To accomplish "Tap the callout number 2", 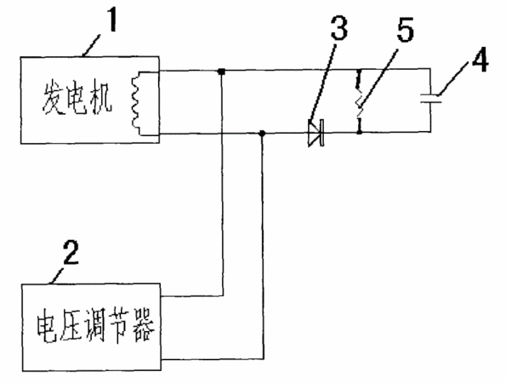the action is click(71, 253).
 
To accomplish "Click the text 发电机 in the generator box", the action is click(77, 99).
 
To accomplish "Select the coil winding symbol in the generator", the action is click(135, 102).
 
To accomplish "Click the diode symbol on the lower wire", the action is click(316, 133).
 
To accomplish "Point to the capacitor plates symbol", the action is click(431, 99).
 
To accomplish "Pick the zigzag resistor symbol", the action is click(359, 101).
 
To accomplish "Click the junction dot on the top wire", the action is click(221, 71).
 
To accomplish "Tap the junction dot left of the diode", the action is click(263, 133).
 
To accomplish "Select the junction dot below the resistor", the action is click(360, 131).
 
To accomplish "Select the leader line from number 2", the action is click(57, 275).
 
